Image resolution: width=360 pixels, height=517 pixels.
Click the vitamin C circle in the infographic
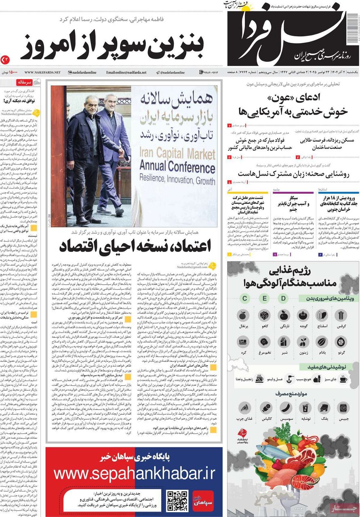(x=244, y=298)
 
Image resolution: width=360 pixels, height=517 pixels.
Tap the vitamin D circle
(x=284, y=298)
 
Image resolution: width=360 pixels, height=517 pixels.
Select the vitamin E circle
(x=264, y=298)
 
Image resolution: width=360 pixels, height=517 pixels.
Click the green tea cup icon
(x=343, y=379)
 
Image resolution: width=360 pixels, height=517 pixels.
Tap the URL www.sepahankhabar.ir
(x=134, y=473)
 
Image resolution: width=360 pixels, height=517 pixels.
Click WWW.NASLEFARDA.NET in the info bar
(x=42, y=72)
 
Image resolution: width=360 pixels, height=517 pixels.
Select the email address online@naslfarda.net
(x=126, y=72)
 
